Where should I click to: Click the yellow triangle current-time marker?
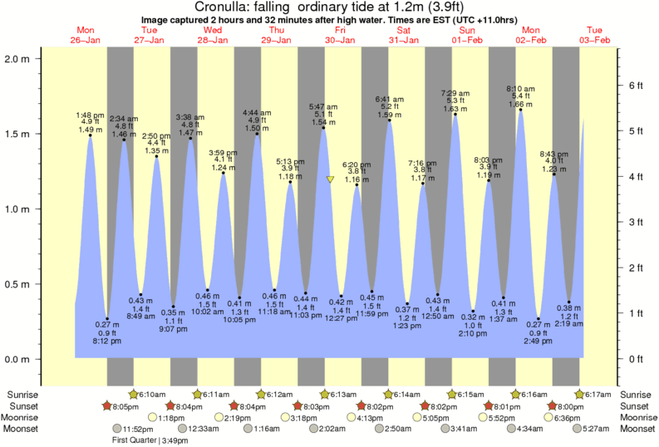[331, 179]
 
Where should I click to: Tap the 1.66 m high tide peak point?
[520, 110]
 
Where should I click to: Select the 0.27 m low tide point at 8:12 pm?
[107, 318]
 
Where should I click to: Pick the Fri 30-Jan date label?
[338, 35]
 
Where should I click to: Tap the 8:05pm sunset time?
[125, 405]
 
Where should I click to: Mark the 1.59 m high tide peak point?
[389, 120]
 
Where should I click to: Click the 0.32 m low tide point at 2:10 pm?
[473, 311]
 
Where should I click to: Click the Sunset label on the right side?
[634, 405]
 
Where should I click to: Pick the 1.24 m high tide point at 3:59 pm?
[223, 173]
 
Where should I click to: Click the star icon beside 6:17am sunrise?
[580, 393]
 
